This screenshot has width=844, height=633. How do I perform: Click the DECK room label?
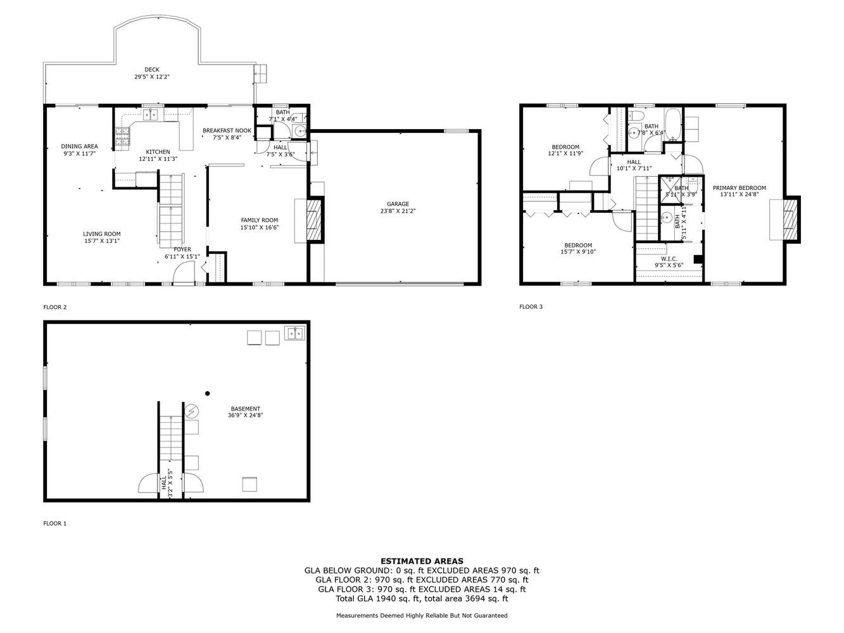(x=152, y=70)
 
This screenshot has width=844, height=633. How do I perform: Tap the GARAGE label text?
(x=398, y=204)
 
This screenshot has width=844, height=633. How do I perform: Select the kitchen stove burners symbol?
(x=122, y=135)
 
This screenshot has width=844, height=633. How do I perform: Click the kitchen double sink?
(x=150, y=114)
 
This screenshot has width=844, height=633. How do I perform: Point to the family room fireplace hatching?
(x=314, y=220)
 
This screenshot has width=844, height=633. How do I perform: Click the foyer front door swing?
(x=184, y=272)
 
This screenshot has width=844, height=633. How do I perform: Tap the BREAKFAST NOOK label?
(x=227, y=130)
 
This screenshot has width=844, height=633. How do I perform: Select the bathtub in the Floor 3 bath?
(x=672, y=125)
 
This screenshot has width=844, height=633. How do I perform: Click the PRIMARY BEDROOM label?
(x=739, y=188)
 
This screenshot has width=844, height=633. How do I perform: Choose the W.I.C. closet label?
(x=669, y=259)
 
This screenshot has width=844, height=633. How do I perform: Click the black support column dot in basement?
(x=207, y=393)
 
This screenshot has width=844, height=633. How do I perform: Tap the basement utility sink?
(x=294, y=333)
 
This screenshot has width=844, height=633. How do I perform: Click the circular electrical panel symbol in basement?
(x=191, y=411)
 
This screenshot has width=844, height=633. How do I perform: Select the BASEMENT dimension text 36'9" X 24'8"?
(x=245, y=415)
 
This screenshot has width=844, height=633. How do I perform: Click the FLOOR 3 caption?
(x=531, y=307)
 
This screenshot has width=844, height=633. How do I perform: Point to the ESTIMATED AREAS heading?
(x=422, y=561)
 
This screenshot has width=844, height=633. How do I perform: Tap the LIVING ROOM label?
(x=102, y=234)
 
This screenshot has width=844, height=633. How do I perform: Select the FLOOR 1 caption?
(x=54, y=523)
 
